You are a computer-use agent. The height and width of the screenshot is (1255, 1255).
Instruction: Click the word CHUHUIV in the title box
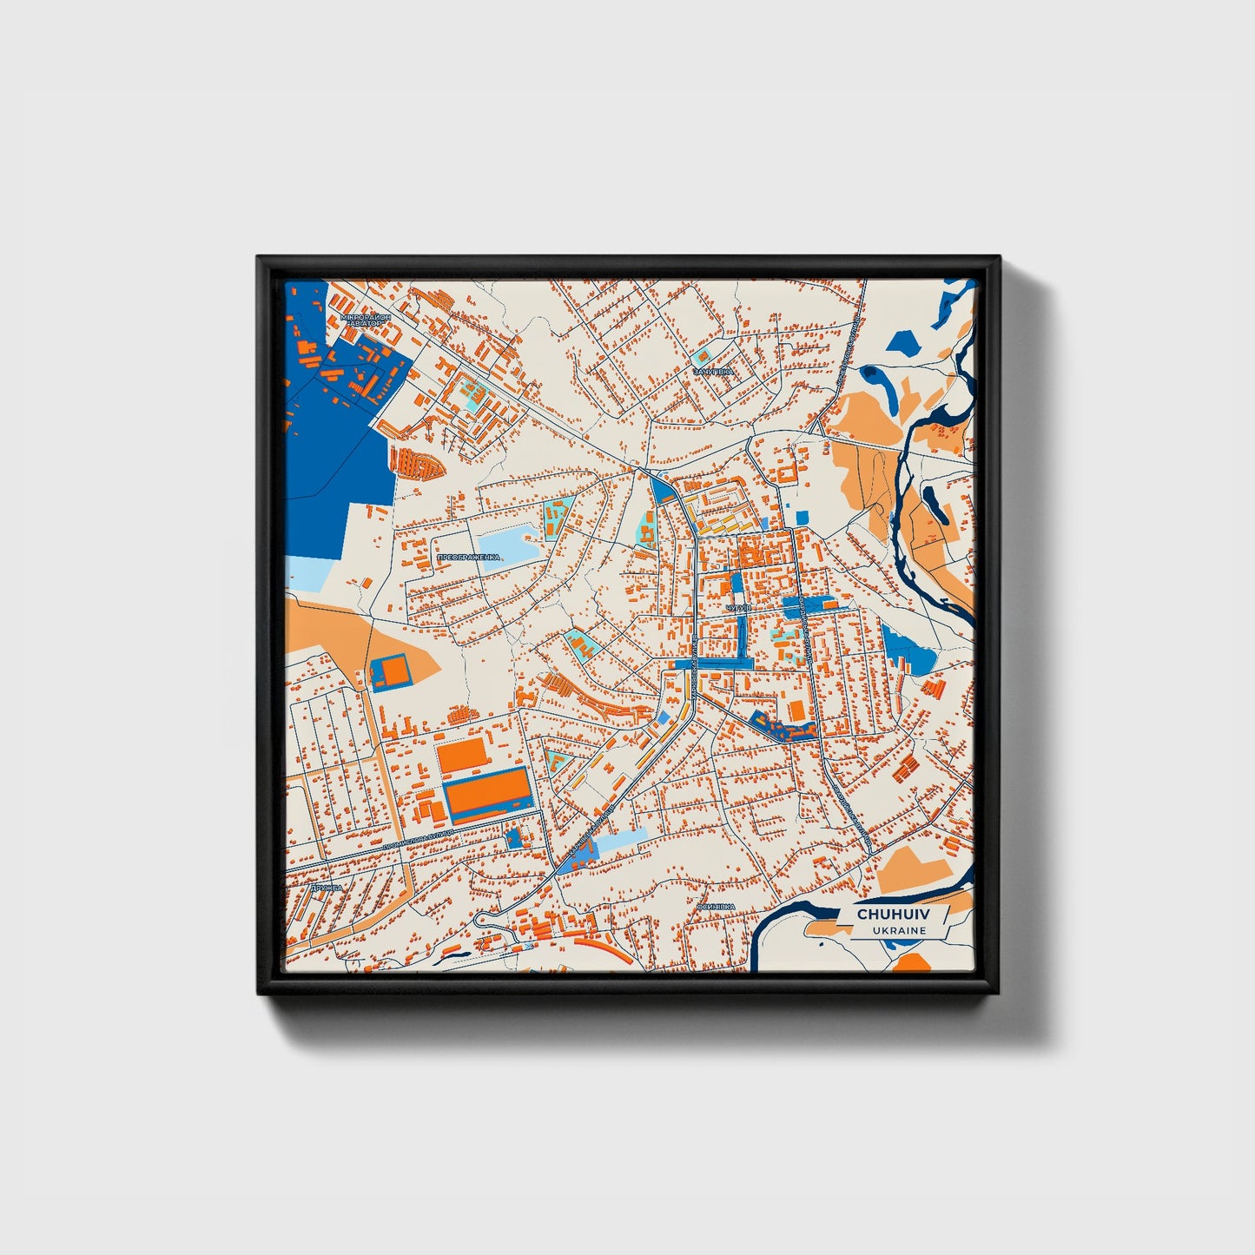[x=892, y=915]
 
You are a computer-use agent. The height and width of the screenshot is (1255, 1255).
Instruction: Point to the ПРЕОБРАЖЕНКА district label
[x=468, y=557]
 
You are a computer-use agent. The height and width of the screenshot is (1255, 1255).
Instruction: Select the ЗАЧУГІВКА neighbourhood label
[x=713, y=371]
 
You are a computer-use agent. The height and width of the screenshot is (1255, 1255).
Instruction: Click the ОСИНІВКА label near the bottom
[x=716, y=907]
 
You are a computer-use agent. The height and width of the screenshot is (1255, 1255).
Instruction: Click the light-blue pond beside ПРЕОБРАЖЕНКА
[x=508, y=545]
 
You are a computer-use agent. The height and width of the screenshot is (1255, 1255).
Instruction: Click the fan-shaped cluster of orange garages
[x=417, y=463]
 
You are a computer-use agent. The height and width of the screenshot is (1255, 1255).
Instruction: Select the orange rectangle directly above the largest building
[x=462, y=754]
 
